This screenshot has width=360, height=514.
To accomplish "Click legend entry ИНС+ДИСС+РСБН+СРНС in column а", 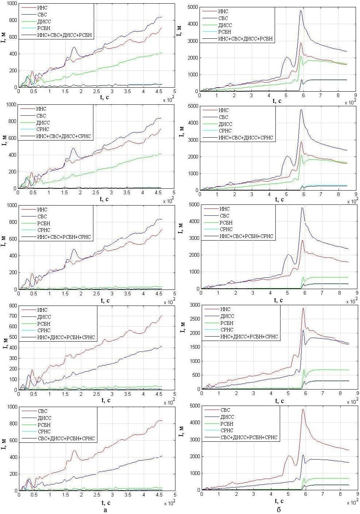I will pyautogui.click(x=66, y=338).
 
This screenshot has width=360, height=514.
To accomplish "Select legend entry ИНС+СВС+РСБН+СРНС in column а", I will pyautogui.click(x=64, y=237).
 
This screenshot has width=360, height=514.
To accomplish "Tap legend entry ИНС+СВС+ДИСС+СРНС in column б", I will pyautogui.click(x=245, y=138).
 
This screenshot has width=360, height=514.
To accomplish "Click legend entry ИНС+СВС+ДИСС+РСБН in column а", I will pyautogui.click(x=65, y=35).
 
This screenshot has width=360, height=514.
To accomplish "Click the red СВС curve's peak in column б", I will pyautogui.click(x=303, y=409).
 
